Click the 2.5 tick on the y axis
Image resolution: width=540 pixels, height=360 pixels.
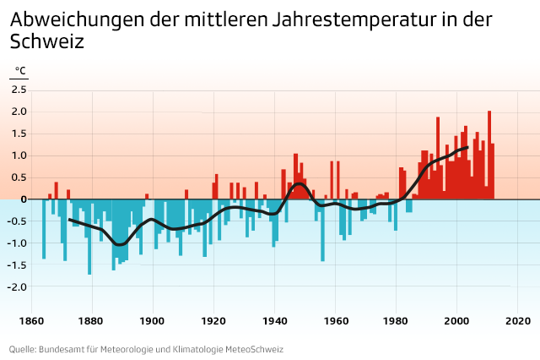tap(19, 90)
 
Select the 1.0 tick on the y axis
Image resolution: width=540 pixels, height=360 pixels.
tap(19, 155)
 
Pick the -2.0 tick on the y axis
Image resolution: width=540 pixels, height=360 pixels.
tap(18, 286)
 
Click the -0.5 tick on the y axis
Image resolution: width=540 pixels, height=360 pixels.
tap(18, 221)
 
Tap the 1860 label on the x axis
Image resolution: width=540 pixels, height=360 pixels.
tap(31, 321)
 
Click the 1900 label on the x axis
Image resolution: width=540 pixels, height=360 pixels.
tap(153, 321)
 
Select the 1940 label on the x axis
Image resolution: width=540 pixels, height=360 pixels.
tap(274, 321)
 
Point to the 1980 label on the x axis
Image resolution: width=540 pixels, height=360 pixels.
tap(396, 321)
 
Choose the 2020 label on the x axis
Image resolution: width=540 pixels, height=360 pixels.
tap(517, 321)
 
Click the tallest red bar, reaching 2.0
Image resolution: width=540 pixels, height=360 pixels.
tap(489, 152)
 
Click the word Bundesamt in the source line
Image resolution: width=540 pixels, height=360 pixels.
tap(65, 349)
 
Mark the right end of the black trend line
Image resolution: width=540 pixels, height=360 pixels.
tap(467, 148)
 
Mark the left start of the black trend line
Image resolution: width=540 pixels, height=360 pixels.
tap(70, 219)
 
